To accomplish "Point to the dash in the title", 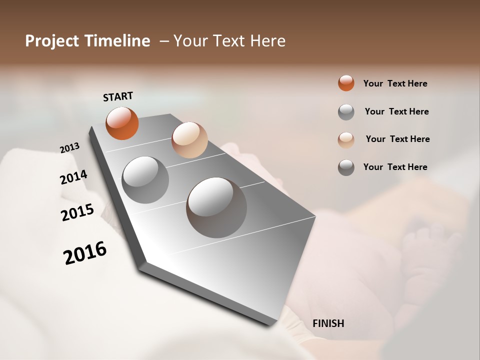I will (164, 41).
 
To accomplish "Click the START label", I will (118, 96).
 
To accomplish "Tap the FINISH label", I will (328, 323).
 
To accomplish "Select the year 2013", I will (70, 148).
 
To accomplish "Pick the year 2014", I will (73, 177).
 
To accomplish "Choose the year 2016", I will (85, 252).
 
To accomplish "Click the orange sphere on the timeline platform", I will (122, 123).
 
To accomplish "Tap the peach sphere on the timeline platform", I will (189, 139).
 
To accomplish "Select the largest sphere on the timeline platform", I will (216, 207).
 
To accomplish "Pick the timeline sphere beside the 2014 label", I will (145, 179).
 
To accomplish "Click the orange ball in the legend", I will (346, 83).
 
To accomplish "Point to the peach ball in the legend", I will (346, 139).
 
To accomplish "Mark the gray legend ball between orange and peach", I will (346, 112).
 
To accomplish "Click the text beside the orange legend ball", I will (395, 83).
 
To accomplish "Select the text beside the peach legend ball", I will (397, 139).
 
